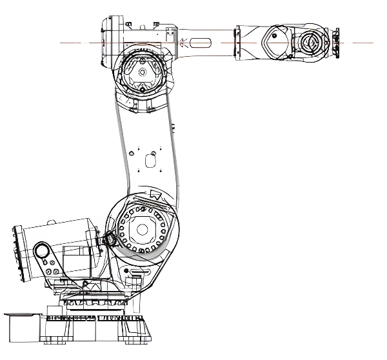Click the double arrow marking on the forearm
point(184,43)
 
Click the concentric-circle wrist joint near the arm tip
point(305,44)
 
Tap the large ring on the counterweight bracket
point(43,250)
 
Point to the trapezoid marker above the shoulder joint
point(154,193)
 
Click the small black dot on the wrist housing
point(273,37)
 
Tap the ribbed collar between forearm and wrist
point(237,43)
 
